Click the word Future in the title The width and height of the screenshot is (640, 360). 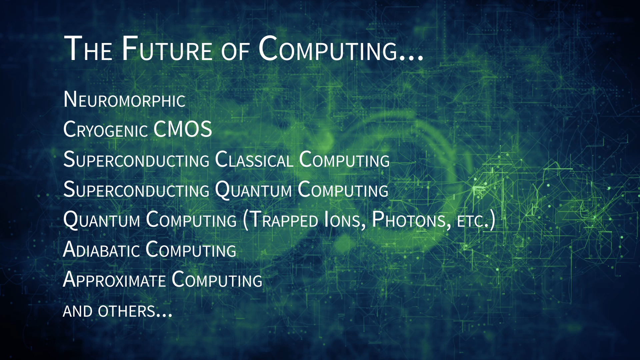[167, 49]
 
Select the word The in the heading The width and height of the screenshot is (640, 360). [88, 49]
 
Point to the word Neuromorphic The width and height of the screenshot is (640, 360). [124, 99]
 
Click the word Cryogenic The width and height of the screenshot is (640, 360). [105, 129]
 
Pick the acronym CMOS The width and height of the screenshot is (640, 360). [183, 129]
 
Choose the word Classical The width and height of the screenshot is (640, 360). [254, 159]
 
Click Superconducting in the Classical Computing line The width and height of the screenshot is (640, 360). [136, 159]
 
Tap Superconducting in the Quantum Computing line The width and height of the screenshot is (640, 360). [136, 189]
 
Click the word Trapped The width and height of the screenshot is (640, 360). [284, 219]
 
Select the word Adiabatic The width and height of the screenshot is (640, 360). [101, 249]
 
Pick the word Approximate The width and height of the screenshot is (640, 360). [114, 279]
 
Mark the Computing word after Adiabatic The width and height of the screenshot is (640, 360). [191, 249]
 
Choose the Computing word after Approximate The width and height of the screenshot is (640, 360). [217, 279]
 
